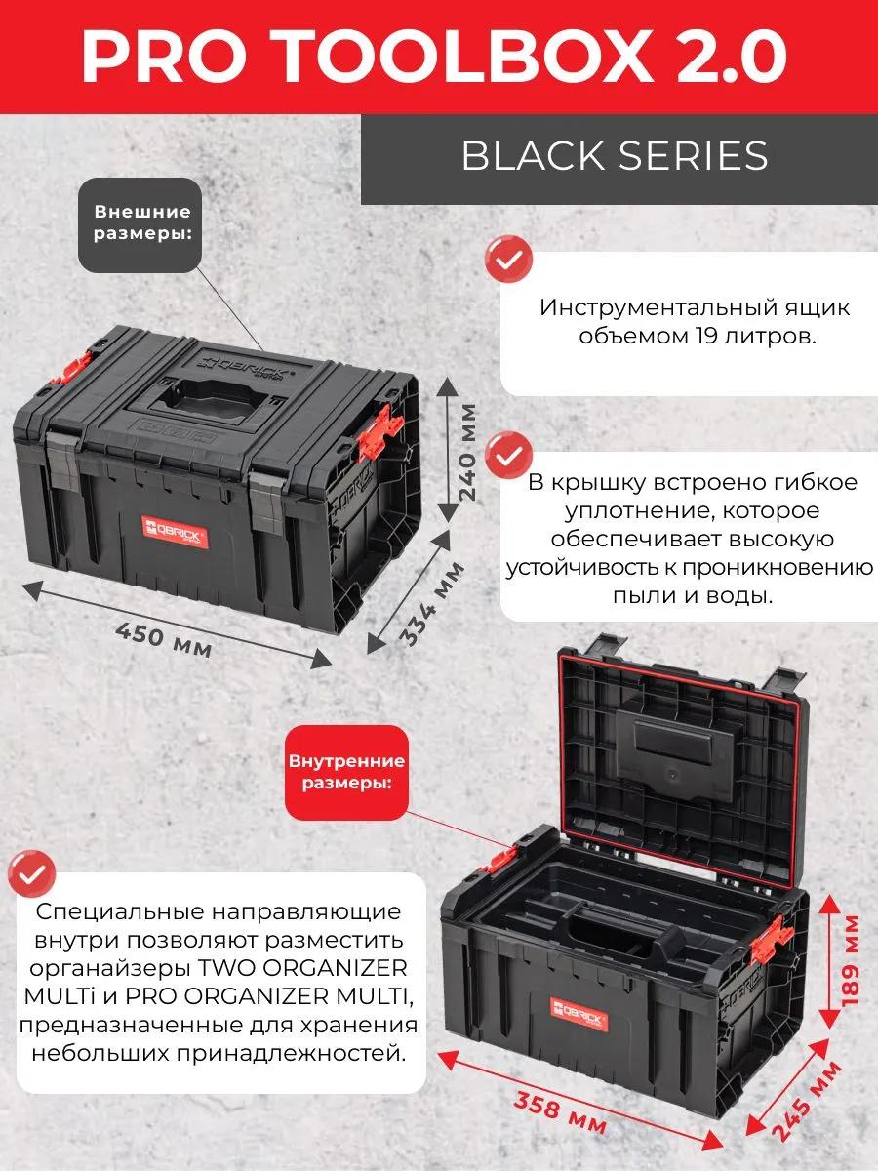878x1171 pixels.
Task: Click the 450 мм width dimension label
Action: coord(164,639)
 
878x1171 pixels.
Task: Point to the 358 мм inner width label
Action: coord(559,1112)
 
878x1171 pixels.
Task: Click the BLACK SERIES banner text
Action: coord(615,156)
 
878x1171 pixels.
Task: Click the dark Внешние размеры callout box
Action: coord(140,225)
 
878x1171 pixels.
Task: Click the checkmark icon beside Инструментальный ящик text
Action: coord(508,259)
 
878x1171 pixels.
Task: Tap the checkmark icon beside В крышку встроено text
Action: coord(508,455)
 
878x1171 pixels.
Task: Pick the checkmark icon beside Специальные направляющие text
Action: coord(31,873)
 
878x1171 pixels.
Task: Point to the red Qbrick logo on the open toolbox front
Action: coord(579,1007)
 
